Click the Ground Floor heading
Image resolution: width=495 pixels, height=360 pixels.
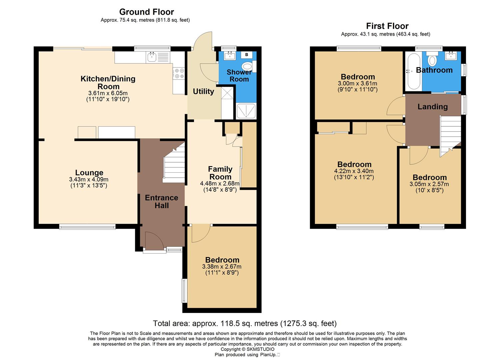pos(146,12)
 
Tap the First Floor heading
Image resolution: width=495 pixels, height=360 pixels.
pos(387,26)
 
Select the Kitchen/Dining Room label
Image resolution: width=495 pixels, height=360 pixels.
pos(108,83)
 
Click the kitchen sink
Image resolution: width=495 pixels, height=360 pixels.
pos(152,57)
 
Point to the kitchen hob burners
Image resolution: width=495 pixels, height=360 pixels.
pos(179,73)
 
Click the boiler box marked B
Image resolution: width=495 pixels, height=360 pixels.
pos(247,55)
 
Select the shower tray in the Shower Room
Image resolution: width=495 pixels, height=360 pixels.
pos(246,111)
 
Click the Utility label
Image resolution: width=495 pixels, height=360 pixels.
pos(203,91)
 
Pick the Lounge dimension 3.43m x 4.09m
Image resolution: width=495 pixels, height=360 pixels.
pos(89,180)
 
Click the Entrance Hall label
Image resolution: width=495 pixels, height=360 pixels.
pos(161,202)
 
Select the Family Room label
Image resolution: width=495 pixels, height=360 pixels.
pos(220,173)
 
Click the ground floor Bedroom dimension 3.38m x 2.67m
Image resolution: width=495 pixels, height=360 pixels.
pos(222,267)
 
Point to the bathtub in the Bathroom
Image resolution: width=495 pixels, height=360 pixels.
pos(413,71)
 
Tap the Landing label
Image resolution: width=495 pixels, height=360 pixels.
pos(432,107)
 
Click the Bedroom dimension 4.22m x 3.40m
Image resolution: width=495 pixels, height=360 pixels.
pos(354,171)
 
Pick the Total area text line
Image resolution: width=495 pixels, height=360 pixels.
pos(245,323)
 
